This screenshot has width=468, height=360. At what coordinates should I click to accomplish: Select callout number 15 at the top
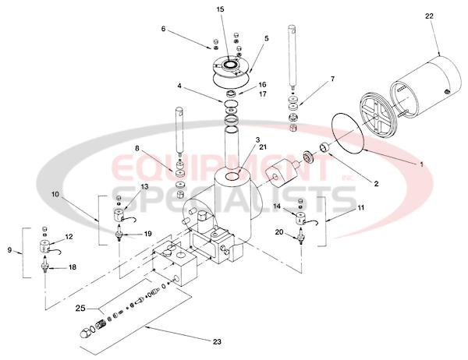click(219, 9)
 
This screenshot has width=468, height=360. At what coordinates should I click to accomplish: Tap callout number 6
click(163, 29)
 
